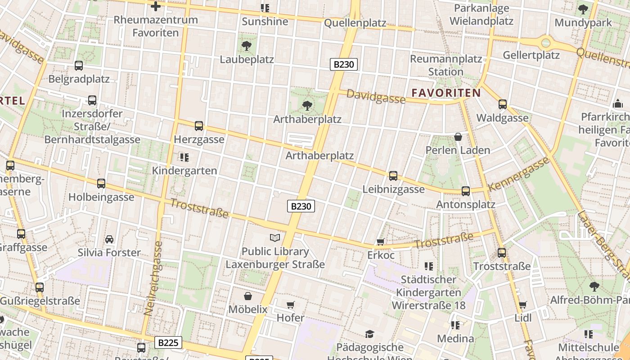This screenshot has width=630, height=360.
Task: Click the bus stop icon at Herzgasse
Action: [199, 126]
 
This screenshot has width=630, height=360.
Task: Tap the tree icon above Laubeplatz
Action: [246, 45]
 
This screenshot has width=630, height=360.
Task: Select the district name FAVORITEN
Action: [446, 93]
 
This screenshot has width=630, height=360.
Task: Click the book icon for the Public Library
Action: [275, 238]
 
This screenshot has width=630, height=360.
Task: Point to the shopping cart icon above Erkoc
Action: [381, 242]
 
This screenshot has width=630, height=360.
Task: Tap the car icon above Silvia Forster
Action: [109, 239]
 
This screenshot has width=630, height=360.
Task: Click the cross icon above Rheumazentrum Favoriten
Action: [156, 6]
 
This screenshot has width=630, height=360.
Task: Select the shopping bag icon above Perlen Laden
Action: [458, 137]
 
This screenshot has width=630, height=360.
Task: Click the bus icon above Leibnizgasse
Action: [393, 176]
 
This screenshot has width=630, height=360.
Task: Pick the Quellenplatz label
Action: [355, 22]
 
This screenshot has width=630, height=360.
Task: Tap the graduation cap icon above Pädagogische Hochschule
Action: [369, 334]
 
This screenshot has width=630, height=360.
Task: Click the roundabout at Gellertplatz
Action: [546, 43]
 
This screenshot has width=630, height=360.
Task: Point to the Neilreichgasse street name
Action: [153, 278]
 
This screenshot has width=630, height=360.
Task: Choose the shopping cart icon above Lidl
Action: [523, 305]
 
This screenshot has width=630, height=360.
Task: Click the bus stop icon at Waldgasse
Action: [503, 104]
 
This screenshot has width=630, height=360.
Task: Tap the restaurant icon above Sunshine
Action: [265, 8]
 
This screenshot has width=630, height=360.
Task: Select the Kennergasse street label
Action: [519, 173]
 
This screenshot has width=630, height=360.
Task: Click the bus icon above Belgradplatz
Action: [79, 66]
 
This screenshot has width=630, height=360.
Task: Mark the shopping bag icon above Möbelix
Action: [247, 296]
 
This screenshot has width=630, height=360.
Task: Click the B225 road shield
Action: [169, 343]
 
